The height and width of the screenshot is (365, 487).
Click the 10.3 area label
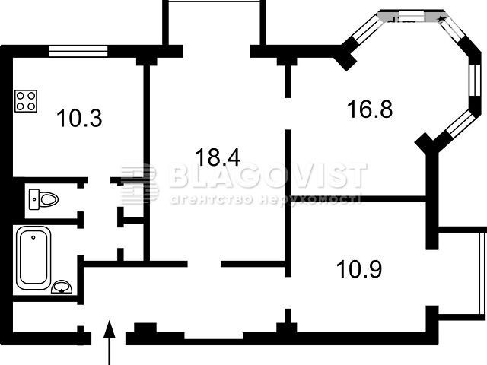point(79,119)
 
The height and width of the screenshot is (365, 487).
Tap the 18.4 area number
point(218,157)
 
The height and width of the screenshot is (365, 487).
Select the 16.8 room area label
point(370,109)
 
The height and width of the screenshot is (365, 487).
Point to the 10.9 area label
point(359,268)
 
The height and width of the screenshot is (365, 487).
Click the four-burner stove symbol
point(26,101)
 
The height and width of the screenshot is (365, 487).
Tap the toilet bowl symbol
point(43,199)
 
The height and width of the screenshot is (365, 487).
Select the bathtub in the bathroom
point(33,258)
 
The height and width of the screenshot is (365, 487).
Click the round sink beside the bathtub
point(62,287)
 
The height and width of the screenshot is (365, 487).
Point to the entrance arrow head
point(110,329)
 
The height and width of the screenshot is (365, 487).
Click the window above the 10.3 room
point(78,51)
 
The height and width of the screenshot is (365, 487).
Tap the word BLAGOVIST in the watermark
point(269,176)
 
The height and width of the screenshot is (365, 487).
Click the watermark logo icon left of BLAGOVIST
point(139,183)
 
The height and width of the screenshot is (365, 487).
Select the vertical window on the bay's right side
point(475,80)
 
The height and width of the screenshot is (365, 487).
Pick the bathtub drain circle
point(33,237)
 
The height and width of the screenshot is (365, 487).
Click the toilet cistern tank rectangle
point(33,199)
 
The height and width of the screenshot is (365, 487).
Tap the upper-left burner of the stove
point(21,96)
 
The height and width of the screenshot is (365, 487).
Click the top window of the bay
point(411,16)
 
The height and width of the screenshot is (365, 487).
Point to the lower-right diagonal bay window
point(460,124)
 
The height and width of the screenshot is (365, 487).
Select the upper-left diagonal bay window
point(367,29)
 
